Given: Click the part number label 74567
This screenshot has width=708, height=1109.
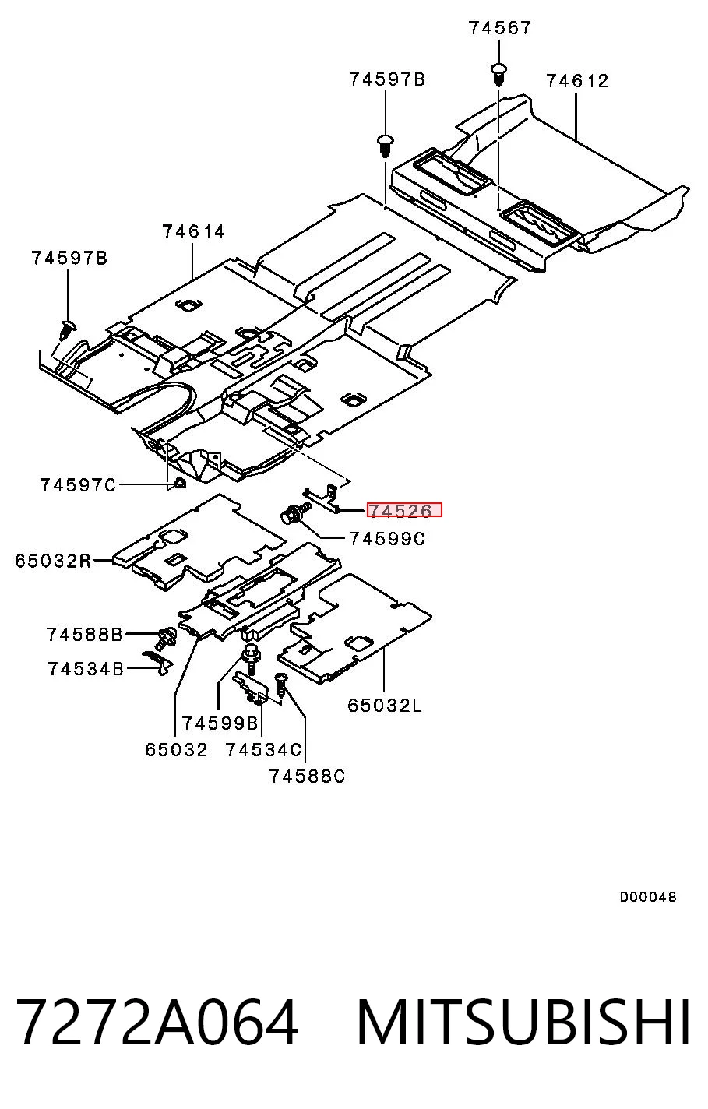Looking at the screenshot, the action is pyautogui.click(x=499, y=28).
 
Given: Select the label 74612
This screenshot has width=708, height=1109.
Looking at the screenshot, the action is pyautogui.click(x=577, y=81).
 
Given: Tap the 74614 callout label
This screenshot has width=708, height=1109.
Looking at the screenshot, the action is pyautogui.click(x=194, y=231).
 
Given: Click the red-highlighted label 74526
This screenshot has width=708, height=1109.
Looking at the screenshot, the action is pyautogui.click(x=404, y=509).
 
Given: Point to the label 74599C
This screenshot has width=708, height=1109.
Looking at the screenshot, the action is pyautogui.click(x=387, y=539).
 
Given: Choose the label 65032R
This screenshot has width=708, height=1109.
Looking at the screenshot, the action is pyautogui.click(x=53, y=561).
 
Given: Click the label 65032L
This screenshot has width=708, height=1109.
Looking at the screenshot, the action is pyautogui.click(x=385, y=706).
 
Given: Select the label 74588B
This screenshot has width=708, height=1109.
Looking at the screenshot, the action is pyautogui.click(x=84, y=635).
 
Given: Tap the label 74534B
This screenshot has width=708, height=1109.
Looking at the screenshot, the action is pyautogui.click(x=86, y=669).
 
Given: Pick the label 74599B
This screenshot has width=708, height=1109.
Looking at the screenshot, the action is pyautogui.click(x=220, y=723).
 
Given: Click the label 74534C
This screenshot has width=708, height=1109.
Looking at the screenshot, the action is pyautogui.click(x=263, y=750).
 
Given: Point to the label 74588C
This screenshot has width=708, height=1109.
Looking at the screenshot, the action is pyautogui.click(x=307, y=776).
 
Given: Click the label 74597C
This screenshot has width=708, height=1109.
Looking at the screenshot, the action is pyautogui.click(x=78, y=485).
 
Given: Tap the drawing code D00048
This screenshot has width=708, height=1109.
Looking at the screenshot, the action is pyautogui.click(x=648, y=896).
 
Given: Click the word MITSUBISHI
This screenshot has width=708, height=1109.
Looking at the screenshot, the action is pyautogui.click(x=523, y=1023).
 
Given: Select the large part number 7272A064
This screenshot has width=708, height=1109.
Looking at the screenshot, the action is pyautogui.click(x=157, y=1023).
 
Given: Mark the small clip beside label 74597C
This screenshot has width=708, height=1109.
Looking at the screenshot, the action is pyautogui.click(x=180, y=483).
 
